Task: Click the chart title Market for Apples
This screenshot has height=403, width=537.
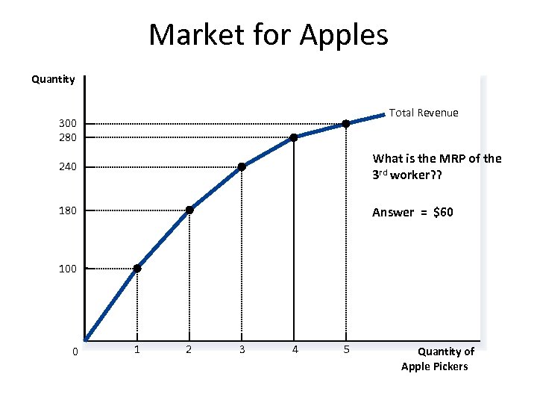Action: [268, 34]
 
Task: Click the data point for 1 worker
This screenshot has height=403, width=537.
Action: [137, 268]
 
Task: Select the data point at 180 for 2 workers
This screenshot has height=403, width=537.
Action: [189, 210]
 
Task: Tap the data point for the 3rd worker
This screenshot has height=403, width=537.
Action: [242, 166]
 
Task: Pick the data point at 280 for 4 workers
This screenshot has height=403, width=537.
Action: [294, 137]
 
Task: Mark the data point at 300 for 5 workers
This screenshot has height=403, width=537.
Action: [346, 123]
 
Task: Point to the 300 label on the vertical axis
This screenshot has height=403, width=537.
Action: [67, 123]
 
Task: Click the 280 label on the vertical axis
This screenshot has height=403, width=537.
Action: [67, 137]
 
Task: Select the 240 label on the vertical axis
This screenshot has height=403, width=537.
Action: [67, 166]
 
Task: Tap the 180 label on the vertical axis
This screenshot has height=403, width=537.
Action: [67, 210]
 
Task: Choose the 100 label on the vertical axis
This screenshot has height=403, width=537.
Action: [67, 269]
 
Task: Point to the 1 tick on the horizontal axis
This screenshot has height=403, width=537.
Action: [137, 349]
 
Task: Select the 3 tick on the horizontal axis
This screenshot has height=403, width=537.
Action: [242, 349]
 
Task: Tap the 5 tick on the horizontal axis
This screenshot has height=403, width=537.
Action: [346, 349]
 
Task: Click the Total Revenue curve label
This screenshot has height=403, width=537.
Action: [424, 113]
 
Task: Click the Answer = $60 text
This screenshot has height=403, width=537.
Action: [412, 213]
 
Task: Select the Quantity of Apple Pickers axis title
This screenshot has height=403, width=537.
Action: [435, 359]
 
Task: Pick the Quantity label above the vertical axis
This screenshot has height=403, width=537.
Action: [53, 79]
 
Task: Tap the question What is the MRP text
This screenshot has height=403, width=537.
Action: [437, 165]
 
